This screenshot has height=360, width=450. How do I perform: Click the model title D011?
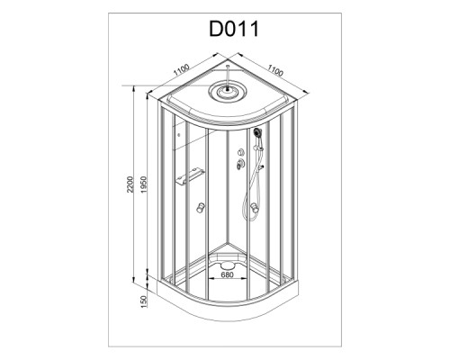234,29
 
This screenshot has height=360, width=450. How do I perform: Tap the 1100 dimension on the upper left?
181,69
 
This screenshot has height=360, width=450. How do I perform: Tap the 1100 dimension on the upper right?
275,70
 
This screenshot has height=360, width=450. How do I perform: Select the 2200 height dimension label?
130,184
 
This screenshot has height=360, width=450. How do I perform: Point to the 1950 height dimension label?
144,184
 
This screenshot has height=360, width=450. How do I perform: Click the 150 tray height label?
144,301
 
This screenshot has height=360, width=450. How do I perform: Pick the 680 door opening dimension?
227,274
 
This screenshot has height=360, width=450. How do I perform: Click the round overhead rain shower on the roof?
228,90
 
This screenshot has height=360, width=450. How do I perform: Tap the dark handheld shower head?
257,132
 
